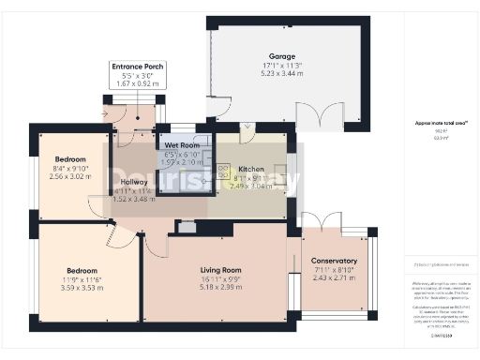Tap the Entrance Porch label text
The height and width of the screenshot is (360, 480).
coord(138,67)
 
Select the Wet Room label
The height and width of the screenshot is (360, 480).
coord(183,145)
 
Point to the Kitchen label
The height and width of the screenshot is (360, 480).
coord(250,170)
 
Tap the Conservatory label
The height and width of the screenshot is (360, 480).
coord(334,261)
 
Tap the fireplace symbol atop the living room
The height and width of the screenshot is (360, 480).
coord(185,226)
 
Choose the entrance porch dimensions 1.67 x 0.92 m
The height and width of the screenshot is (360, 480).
coord(138,84)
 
